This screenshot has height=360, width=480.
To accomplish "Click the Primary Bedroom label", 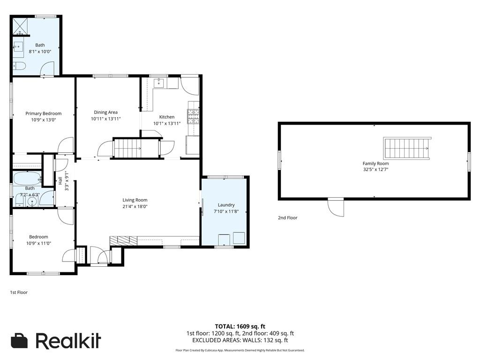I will pos(43,113).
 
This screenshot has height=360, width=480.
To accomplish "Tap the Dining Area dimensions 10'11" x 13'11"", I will pos(106,119).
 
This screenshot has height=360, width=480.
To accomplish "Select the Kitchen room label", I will pos(167,117).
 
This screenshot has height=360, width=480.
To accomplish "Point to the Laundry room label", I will pos(225,205).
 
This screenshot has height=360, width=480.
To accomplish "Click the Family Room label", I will pos(375,163).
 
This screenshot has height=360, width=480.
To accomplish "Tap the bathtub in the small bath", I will pos(26,179).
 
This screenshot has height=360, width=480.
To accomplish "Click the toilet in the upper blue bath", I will pos(18,66).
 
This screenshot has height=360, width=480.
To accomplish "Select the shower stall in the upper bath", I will pos(20,26).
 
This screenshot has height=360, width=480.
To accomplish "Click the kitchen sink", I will pos(158,83).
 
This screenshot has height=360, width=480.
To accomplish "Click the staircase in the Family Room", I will pos(406,148).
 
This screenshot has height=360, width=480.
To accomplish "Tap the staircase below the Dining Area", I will pos(127,148).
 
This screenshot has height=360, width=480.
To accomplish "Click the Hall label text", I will pos(60,181).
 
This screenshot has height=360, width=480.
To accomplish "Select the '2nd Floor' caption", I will pos(287,218).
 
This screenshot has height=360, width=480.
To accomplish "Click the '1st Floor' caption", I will pos(19,292).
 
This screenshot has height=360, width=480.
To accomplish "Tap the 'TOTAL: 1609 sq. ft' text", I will pos(240,326).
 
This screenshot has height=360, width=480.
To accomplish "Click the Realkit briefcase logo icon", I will pos(20,341).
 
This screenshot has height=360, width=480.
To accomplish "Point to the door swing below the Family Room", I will pos(336,207).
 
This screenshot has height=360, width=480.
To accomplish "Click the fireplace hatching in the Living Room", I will pos(123,240).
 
